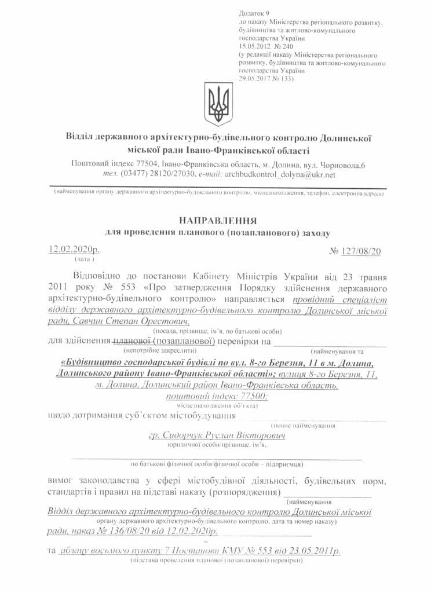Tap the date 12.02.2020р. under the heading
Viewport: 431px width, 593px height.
[x=74, y=250]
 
